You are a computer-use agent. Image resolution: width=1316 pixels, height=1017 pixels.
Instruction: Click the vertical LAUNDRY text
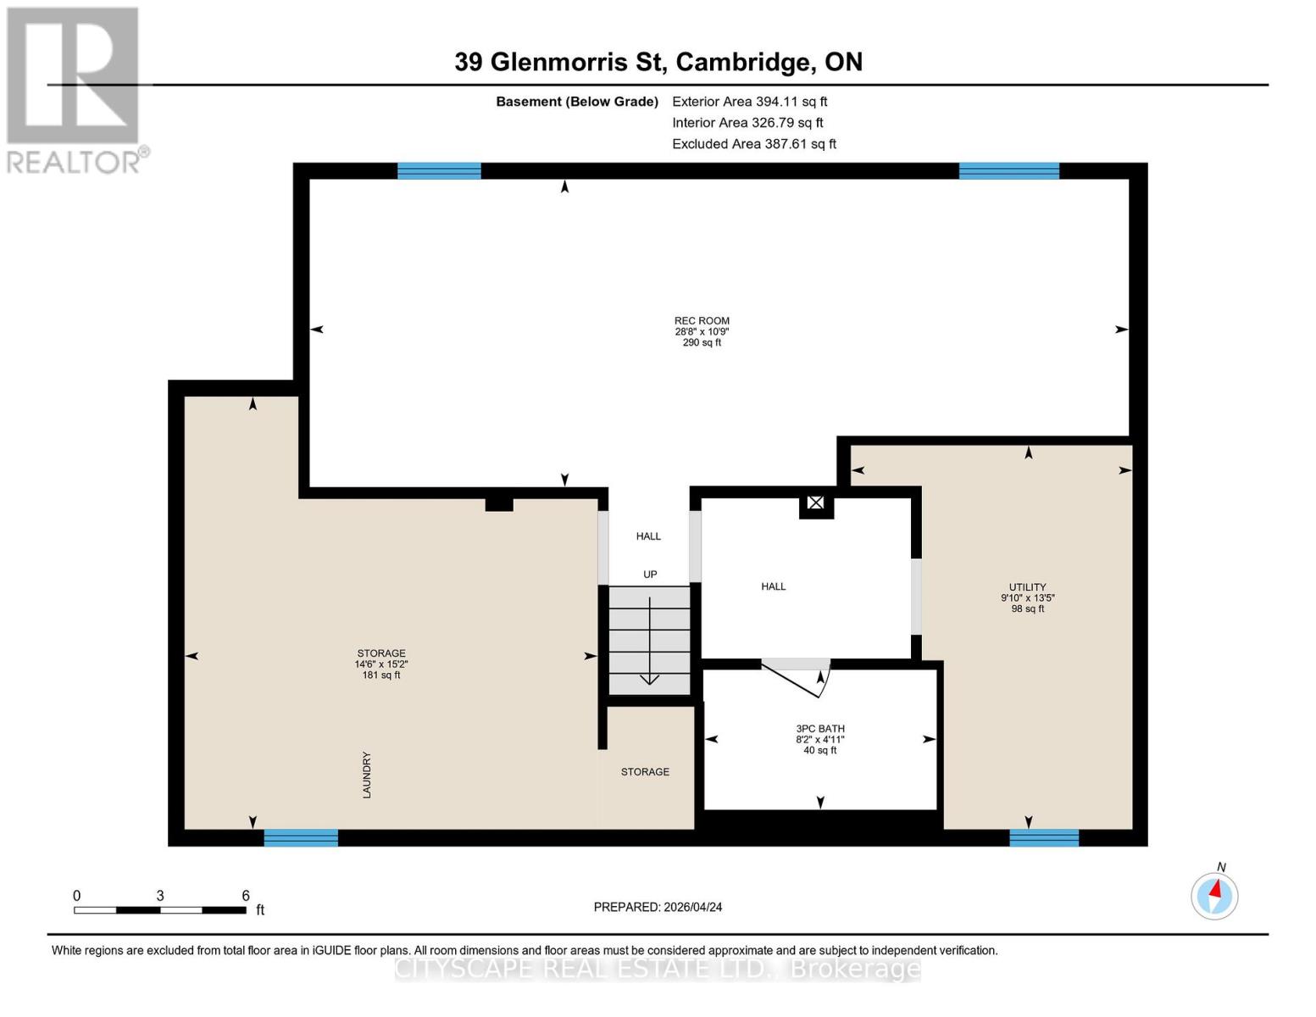point(367,775)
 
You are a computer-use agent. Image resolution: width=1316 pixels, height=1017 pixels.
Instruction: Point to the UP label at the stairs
point(650,575)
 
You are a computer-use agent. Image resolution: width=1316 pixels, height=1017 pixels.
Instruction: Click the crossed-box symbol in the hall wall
point(815,503)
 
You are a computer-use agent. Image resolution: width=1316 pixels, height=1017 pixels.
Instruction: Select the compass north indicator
point(1214,895)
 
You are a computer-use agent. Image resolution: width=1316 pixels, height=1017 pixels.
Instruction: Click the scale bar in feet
point(160,909)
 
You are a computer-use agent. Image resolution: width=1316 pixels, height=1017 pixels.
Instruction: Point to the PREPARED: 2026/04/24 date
point(658,907)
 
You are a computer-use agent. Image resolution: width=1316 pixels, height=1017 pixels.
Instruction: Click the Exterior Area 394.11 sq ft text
point(749,102)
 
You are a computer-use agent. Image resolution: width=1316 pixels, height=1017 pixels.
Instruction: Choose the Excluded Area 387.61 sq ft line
point(753,144)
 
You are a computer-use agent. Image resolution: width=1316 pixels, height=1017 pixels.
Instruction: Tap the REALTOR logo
point(75,90)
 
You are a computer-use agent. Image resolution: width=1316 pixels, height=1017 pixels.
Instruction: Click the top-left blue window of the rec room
point(439,171)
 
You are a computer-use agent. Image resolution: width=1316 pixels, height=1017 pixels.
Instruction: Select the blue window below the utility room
point(1044,837)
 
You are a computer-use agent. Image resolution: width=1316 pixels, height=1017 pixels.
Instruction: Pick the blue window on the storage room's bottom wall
point(301,837)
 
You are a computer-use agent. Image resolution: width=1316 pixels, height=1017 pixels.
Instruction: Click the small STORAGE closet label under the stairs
point(645,772)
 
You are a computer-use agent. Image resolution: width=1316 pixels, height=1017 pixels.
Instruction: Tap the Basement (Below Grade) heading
point(576,102)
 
